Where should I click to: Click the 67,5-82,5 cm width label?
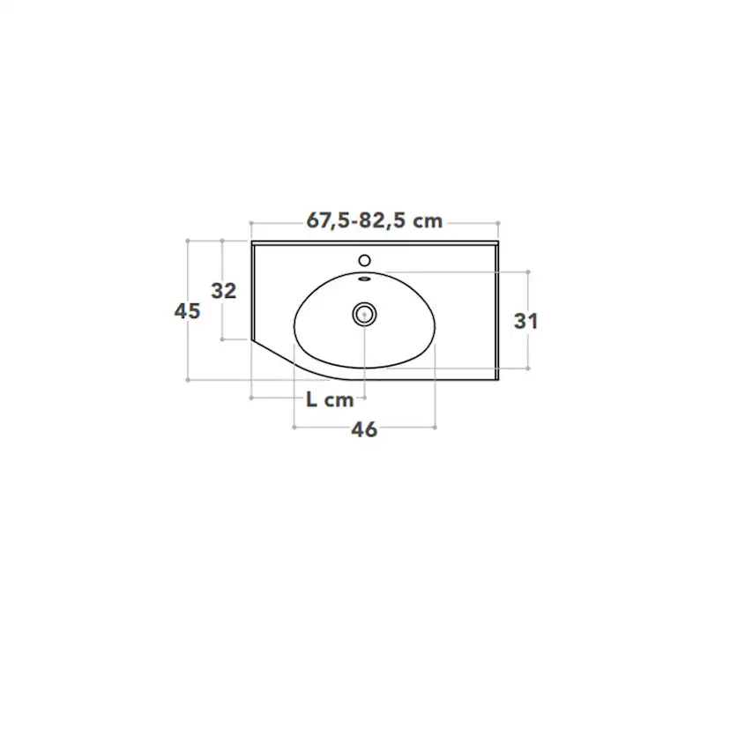tap(375, 220)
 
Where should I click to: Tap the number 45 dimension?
tap(187, 311)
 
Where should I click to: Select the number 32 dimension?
tap(224, 291)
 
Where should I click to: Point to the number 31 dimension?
tap(526, 321)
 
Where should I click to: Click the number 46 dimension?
tap(364, 429)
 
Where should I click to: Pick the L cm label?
tap(330, 399)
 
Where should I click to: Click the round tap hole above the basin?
tap(364, 260)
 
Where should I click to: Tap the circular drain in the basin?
tap(364, 314)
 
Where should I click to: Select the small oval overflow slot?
tap(364, 279)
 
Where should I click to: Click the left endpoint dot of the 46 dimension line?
tap(294, 427)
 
